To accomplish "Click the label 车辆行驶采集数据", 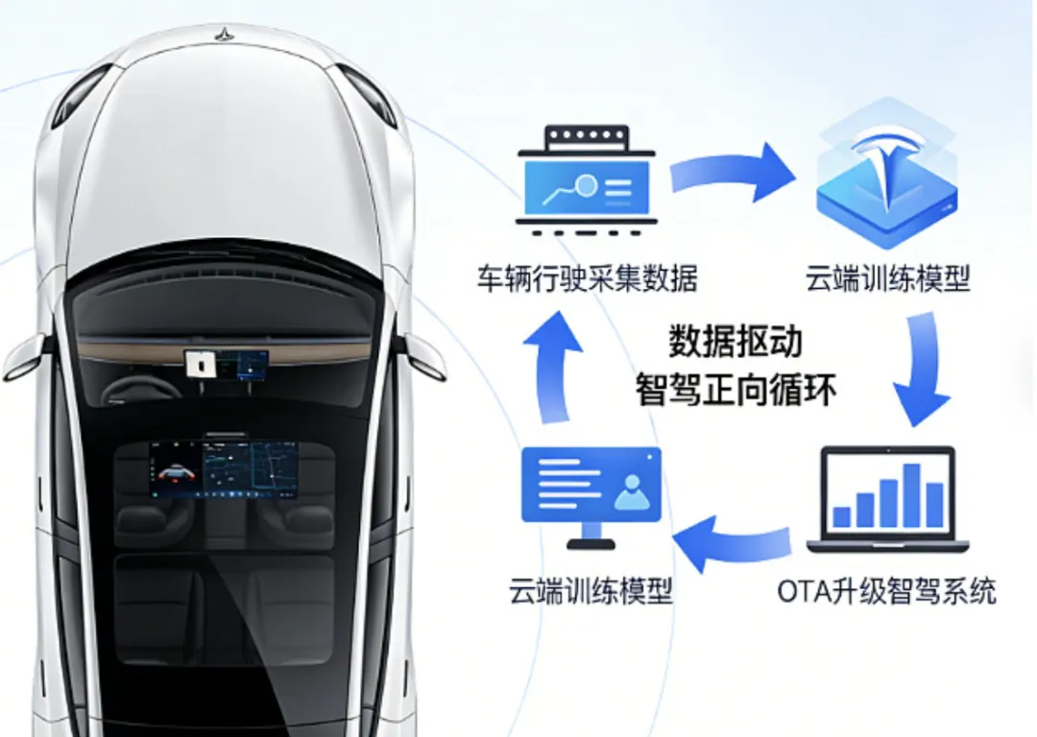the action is (x=587, y=279).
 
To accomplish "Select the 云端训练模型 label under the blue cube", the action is (x=888, y=279).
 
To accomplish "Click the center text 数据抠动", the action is (x=735, y=343).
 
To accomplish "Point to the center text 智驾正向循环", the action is (x=736, y=391).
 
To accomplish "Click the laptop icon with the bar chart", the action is (x=887, y=499).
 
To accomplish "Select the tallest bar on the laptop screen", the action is (x=911, y=495).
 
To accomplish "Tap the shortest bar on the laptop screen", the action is (x=842, y=516).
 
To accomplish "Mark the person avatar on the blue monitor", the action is (x=633, y=492).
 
